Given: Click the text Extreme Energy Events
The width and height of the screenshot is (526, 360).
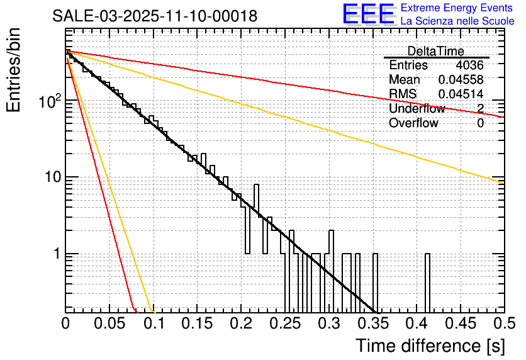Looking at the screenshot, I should (457, 8).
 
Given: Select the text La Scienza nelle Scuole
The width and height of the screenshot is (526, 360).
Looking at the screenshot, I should (457, 21).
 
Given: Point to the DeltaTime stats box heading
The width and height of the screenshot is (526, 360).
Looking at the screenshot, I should (436, 51).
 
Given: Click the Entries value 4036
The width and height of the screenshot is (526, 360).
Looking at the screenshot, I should (469, 65).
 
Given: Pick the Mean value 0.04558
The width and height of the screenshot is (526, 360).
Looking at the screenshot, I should (461, 80).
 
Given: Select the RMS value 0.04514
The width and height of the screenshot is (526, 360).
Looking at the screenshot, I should (461, 94).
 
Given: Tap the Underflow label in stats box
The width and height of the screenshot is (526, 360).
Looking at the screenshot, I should (417, 109).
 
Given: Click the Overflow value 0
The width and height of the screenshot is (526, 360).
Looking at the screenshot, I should (480, 123).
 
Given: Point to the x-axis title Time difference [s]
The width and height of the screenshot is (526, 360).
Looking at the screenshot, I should (427, 346).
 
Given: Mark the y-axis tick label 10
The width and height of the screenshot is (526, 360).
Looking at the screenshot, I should (52, 177).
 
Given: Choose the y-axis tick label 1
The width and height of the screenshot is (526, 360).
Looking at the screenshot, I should (56, 254).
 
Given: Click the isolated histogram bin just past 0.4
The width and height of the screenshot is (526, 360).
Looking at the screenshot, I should (428, 283).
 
